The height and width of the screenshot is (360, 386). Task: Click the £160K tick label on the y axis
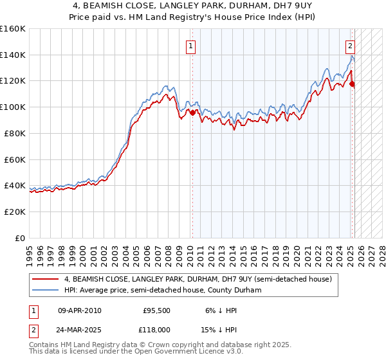[13, 29]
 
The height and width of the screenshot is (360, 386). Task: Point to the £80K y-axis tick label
[15, 133]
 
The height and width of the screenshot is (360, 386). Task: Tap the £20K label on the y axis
[15, 212]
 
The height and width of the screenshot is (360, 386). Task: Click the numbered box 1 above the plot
[192, 46]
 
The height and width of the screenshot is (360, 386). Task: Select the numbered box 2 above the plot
[350, 46]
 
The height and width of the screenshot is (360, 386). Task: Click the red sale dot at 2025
[353, 84]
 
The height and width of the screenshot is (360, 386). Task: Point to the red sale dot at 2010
[192, 112]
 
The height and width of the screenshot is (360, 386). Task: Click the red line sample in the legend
[46, 279]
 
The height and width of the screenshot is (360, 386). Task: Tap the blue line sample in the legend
[46, 290]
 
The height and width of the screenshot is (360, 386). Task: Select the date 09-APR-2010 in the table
[79, 310]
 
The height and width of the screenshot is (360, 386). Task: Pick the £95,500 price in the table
[157, 310]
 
